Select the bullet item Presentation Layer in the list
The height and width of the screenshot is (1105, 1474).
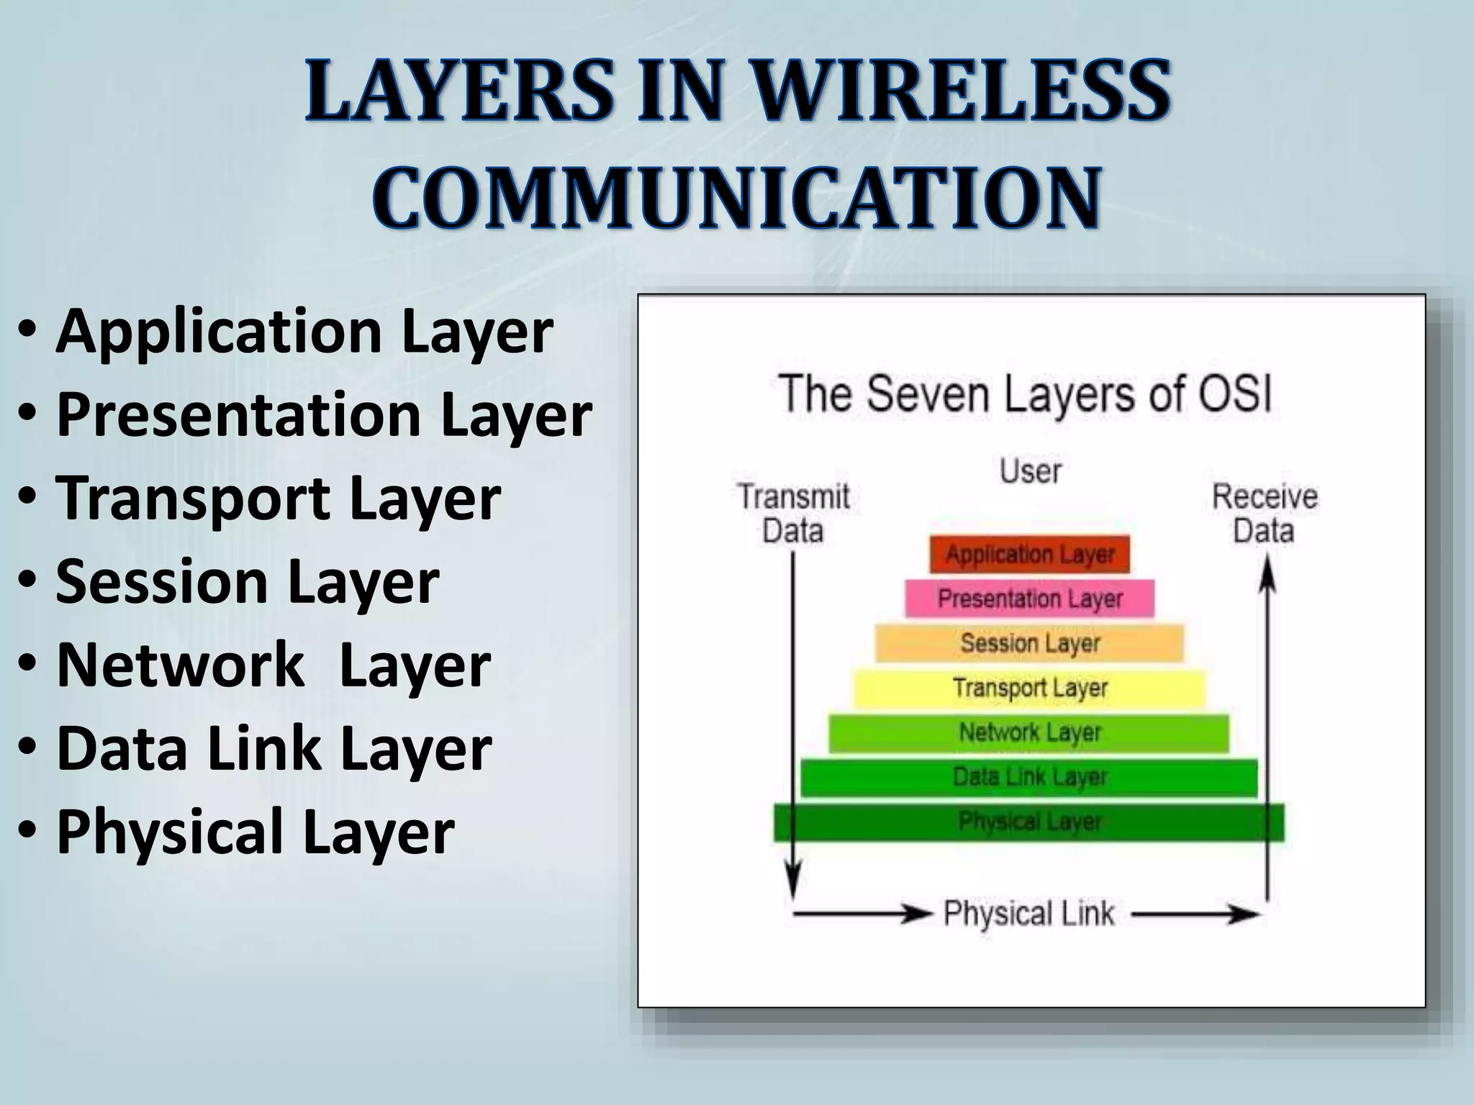[324, 415]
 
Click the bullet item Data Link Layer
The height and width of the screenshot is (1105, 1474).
[273, 749]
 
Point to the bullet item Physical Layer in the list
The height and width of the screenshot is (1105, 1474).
[255, 832]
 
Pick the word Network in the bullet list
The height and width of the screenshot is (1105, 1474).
[180, 665]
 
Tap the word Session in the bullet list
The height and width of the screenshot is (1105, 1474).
[161, 582]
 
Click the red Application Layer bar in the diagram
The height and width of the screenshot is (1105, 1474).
[1029, 555]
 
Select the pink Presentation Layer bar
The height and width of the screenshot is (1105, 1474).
[1029, 599]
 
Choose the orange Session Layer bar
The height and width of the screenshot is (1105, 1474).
[1029, 643]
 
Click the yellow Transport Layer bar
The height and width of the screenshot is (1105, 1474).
[1029, 688]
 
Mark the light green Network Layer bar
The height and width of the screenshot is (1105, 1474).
[1029, 733]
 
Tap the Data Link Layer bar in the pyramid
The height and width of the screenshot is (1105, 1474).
[1029, 778]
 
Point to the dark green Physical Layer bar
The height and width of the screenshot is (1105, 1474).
[1029, 822]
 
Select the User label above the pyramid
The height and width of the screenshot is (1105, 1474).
[1031, 472]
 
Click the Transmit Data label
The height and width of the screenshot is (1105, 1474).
[793, 514]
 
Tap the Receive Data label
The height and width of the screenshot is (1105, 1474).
[1265, 514]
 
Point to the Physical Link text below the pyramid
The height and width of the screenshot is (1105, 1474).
[1029, 914]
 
